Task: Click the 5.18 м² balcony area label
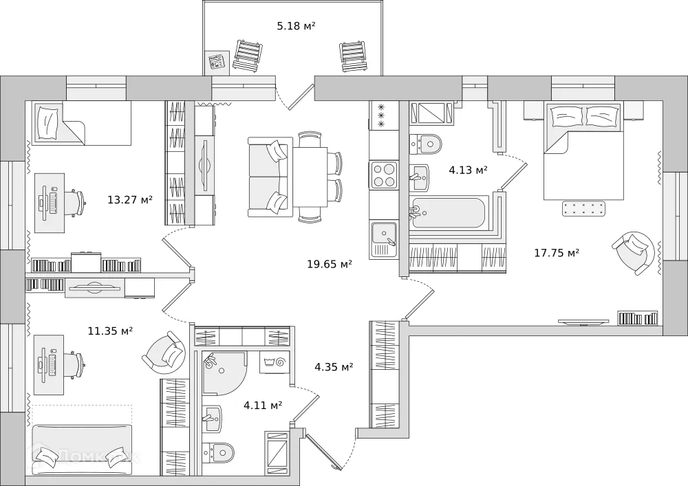(x=296, y=26)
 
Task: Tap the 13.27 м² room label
(x=130, y=200)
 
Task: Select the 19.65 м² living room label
(x=330, y=263)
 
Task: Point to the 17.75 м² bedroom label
(x=557, y=253)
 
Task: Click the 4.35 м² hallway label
(x=334, y=367)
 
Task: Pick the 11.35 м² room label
(x=110, y=331)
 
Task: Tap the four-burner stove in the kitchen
(x=384, y=175)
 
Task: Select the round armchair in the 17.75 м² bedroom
(x=632, y=252)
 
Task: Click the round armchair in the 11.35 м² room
(x=165, y=353)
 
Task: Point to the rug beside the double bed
(x=583, y=208)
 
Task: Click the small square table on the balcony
(x=218, y=62)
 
